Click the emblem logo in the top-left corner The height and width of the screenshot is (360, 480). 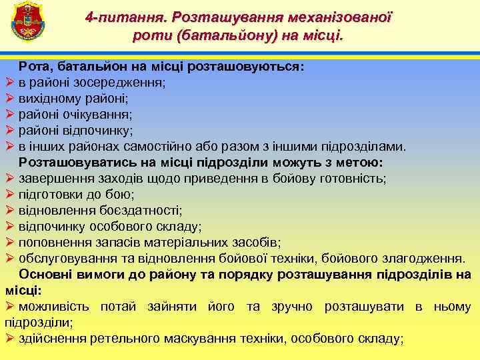(27, 21)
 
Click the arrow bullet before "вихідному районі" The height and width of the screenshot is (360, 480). (9, 99)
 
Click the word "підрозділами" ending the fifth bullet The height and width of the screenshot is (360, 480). (367, 147)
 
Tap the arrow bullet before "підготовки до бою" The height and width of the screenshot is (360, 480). (9, 195)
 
